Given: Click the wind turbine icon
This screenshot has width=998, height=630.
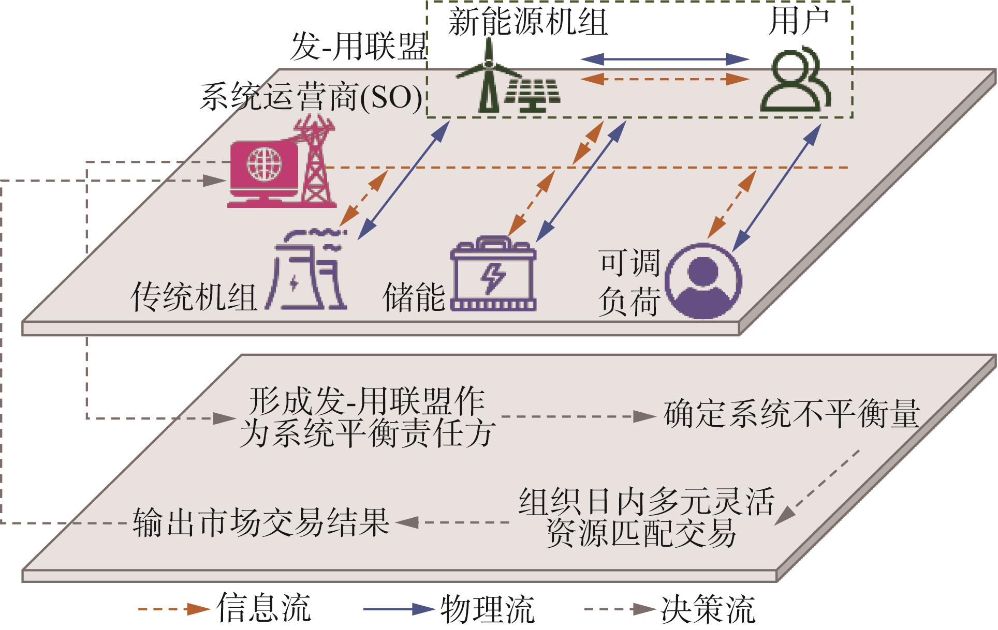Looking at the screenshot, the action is click(487, 75).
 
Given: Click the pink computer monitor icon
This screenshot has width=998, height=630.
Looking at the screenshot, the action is click(264, 173).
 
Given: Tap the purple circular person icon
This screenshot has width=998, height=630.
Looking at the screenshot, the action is click(703, 281).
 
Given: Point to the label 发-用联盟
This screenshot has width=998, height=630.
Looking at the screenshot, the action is click(358, 48).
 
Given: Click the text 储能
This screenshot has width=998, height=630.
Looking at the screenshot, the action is click(414, 297).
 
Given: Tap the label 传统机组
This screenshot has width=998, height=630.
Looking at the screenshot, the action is click(194, 297).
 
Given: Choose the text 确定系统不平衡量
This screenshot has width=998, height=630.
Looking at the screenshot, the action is click(791, 413).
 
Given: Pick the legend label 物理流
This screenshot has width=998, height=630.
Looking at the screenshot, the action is click(487, 609).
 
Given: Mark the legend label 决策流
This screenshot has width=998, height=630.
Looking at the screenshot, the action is click(708, 609).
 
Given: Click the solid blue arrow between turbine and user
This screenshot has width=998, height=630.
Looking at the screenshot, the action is click(665, 59).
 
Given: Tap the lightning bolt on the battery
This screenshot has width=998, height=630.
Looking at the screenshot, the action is click(493, 278).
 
